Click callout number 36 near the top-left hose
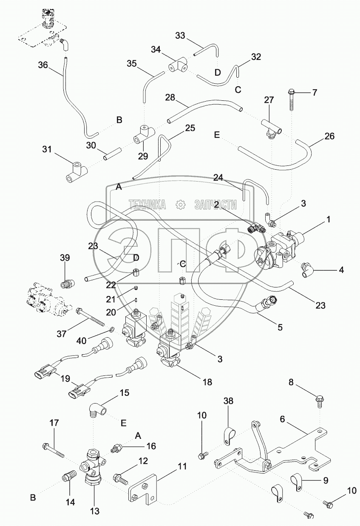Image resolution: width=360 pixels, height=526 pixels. (43, 65)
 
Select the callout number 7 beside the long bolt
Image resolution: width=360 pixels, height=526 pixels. (315, 92)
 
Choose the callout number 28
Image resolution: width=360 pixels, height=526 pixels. (170, 98)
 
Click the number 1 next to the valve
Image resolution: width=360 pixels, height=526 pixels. (328, 220)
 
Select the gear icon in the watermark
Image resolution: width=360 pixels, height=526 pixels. (180, 205)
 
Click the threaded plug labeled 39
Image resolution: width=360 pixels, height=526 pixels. (67, 283)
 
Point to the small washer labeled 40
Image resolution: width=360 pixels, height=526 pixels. (111, 329)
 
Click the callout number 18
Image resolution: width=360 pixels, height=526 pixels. (207, 382)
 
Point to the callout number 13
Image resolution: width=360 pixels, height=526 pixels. (94, 511)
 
